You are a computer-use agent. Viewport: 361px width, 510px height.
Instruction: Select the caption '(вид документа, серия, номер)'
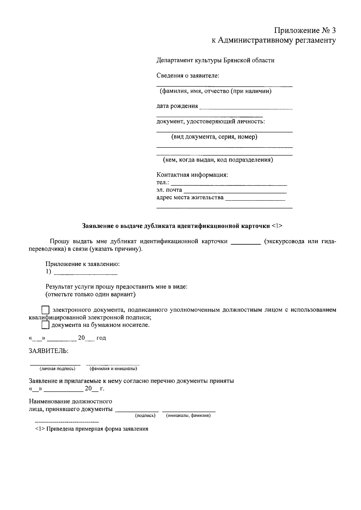point(214,137)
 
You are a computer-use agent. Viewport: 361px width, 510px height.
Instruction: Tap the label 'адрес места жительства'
point(190,197)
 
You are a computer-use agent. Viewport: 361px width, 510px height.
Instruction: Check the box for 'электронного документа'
point(45,310)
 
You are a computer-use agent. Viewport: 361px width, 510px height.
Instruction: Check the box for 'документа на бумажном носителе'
point(45,325)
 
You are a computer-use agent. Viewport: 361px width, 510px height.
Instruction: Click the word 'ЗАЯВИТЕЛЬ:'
point(48,351)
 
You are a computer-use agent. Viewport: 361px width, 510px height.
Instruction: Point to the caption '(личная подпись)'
point(57,369)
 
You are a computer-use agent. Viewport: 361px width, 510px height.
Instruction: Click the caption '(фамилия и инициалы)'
point(113,369)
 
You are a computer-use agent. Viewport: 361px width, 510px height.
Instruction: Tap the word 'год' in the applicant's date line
point(101,338)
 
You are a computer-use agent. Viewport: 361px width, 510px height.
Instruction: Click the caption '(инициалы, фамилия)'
point(188,416)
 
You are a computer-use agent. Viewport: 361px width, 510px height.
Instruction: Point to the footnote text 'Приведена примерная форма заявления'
point(97,429)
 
